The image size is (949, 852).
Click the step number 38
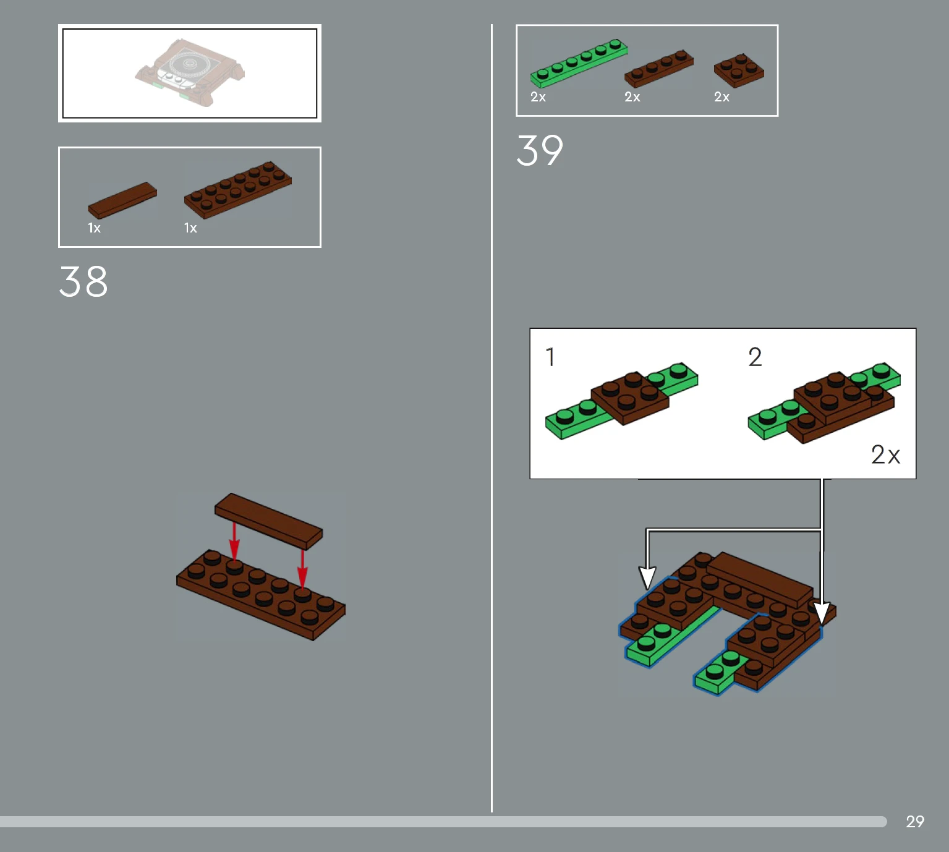83,281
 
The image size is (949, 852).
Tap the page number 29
915,821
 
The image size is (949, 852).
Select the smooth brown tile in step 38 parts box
122,200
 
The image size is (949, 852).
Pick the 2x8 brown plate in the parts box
238,190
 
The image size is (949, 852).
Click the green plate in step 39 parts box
579,63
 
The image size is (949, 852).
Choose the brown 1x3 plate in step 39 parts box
659,69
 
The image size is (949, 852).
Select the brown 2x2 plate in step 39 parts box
739,70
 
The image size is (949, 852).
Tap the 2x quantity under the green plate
538,97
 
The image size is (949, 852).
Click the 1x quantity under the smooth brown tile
94,228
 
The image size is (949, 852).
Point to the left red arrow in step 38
234,541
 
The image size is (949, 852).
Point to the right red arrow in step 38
302,569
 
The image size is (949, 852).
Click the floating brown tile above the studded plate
269,521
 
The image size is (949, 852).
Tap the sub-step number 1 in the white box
550,357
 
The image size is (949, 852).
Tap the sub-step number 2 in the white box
755,357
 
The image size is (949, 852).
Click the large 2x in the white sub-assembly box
885,454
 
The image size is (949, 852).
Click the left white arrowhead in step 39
647,578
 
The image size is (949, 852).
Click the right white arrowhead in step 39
822,613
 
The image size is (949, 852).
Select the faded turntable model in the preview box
190,72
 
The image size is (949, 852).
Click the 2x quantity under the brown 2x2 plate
722,97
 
